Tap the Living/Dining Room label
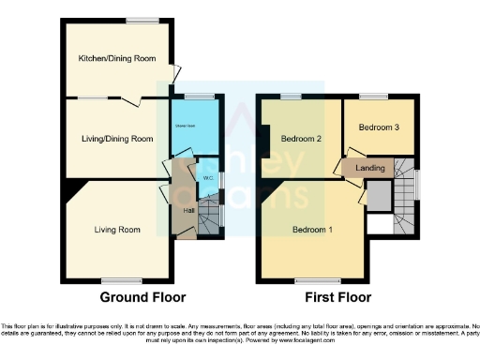(116, 139)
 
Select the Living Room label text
(117, 229)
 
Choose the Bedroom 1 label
(311, 230)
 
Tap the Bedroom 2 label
(301, 139)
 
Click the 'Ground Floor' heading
(140, 297)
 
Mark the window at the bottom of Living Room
(116, 280)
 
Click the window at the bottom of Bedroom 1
(310, 280)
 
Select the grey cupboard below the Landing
(377, 197)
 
